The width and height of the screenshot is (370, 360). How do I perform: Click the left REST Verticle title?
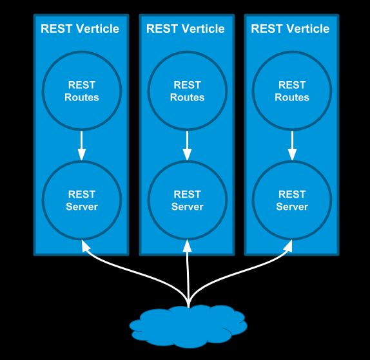80,29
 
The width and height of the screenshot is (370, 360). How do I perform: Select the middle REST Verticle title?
186,29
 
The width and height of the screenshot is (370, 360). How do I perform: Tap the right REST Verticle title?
290,29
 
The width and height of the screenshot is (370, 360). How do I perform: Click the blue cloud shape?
188,327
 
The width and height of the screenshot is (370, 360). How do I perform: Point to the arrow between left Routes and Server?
82,146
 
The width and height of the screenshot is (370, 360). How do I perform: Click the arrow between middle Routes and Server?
187,146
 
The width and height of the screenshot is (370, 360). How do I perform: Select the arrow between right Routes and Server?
292,146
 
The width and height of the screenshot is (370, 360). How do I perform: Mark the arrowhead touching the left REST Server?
85,245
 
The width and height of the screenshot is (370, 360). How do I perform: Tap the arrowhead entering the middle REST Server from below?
188,245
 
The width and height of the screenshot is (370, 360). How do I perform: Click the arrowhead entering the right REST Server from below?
289,245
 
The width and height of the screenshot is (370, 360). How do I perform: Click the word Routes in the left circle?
82,97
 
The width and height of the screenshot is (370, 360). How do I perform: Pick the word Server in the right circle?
292,207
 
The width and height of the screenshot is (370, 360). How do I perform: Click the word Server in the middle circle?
188,207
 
